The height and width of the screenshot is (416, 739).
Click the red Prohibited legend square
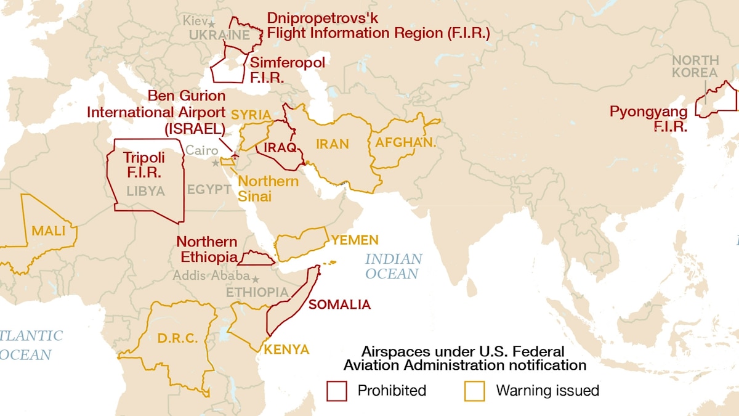pyautogui.click(x=337, y=391)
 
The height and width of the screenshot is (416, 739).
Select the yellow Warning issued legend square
pyautogui.click(x=474, y=391)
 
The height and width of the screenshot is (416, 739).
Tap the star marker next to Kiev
pyautogui.click(x=211, y=23)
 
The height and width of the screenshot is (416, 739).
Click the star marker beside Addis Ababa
pyautogui.click(x=255, y=278)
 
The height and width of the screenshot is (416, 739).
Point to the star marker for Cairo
pyautogui.click(x=215, y=163)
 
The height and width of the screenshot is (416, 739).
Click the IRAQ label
pyautogui.click(x=280, y=148)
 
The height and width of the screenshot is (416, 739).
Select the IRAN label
pyautogui.click(x=333, y=144)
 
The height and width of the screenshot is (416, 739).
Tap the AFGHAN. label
pyautogui.click(x=401, y=142)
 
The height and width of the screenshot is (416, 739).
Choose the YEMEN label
pyautogui.click(x=355, y=240)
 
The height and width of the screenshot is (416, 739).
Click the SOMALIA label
pyautogui.click(x=339, y=304)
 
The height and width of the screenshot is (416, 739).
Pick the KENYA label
pyautogui.click(x=286, y=349)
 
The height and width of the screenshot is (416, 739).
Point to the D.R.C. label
pyautogui.click(x=177, y=338)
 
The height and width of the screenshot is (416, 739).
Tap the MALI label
pyautogui.click(x=48, y=231)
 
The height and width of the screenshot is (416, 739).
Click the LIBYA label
pyautogui.click(x=145, y=191)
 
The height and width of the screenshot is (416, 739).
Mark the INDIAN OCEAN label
pyautogui.click(x=394, y=266)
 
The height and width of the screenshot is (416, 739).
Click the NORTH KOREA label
pyautogui.click(x=695, y=66)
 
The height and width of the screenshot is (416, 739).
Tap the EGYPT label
pyautogui.click(x=209, y=189)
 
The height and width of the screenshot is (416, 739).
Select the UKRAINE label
pyautogui.click(x=219, y=36)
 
